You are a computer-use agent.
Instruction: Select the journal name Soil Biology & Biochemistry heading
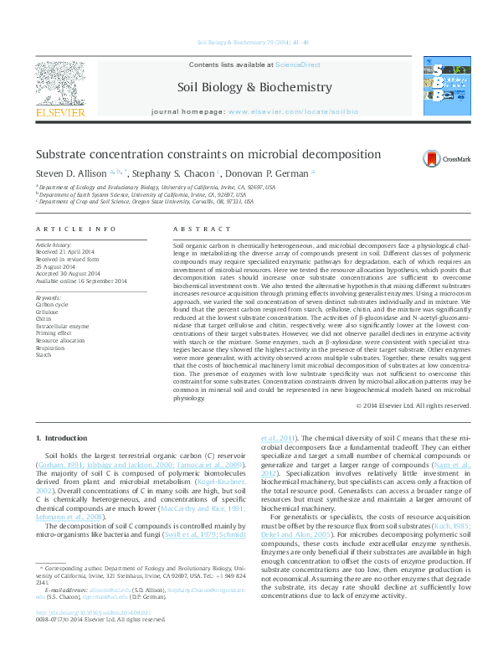pos(243,87)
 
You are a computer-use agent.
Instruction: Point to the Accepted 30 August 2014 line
pos(68,274)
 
